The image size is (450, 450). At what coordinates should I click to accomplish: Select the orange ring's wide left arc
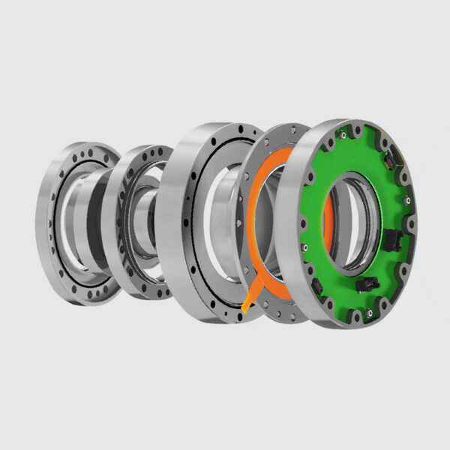[x=255, y=217]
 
